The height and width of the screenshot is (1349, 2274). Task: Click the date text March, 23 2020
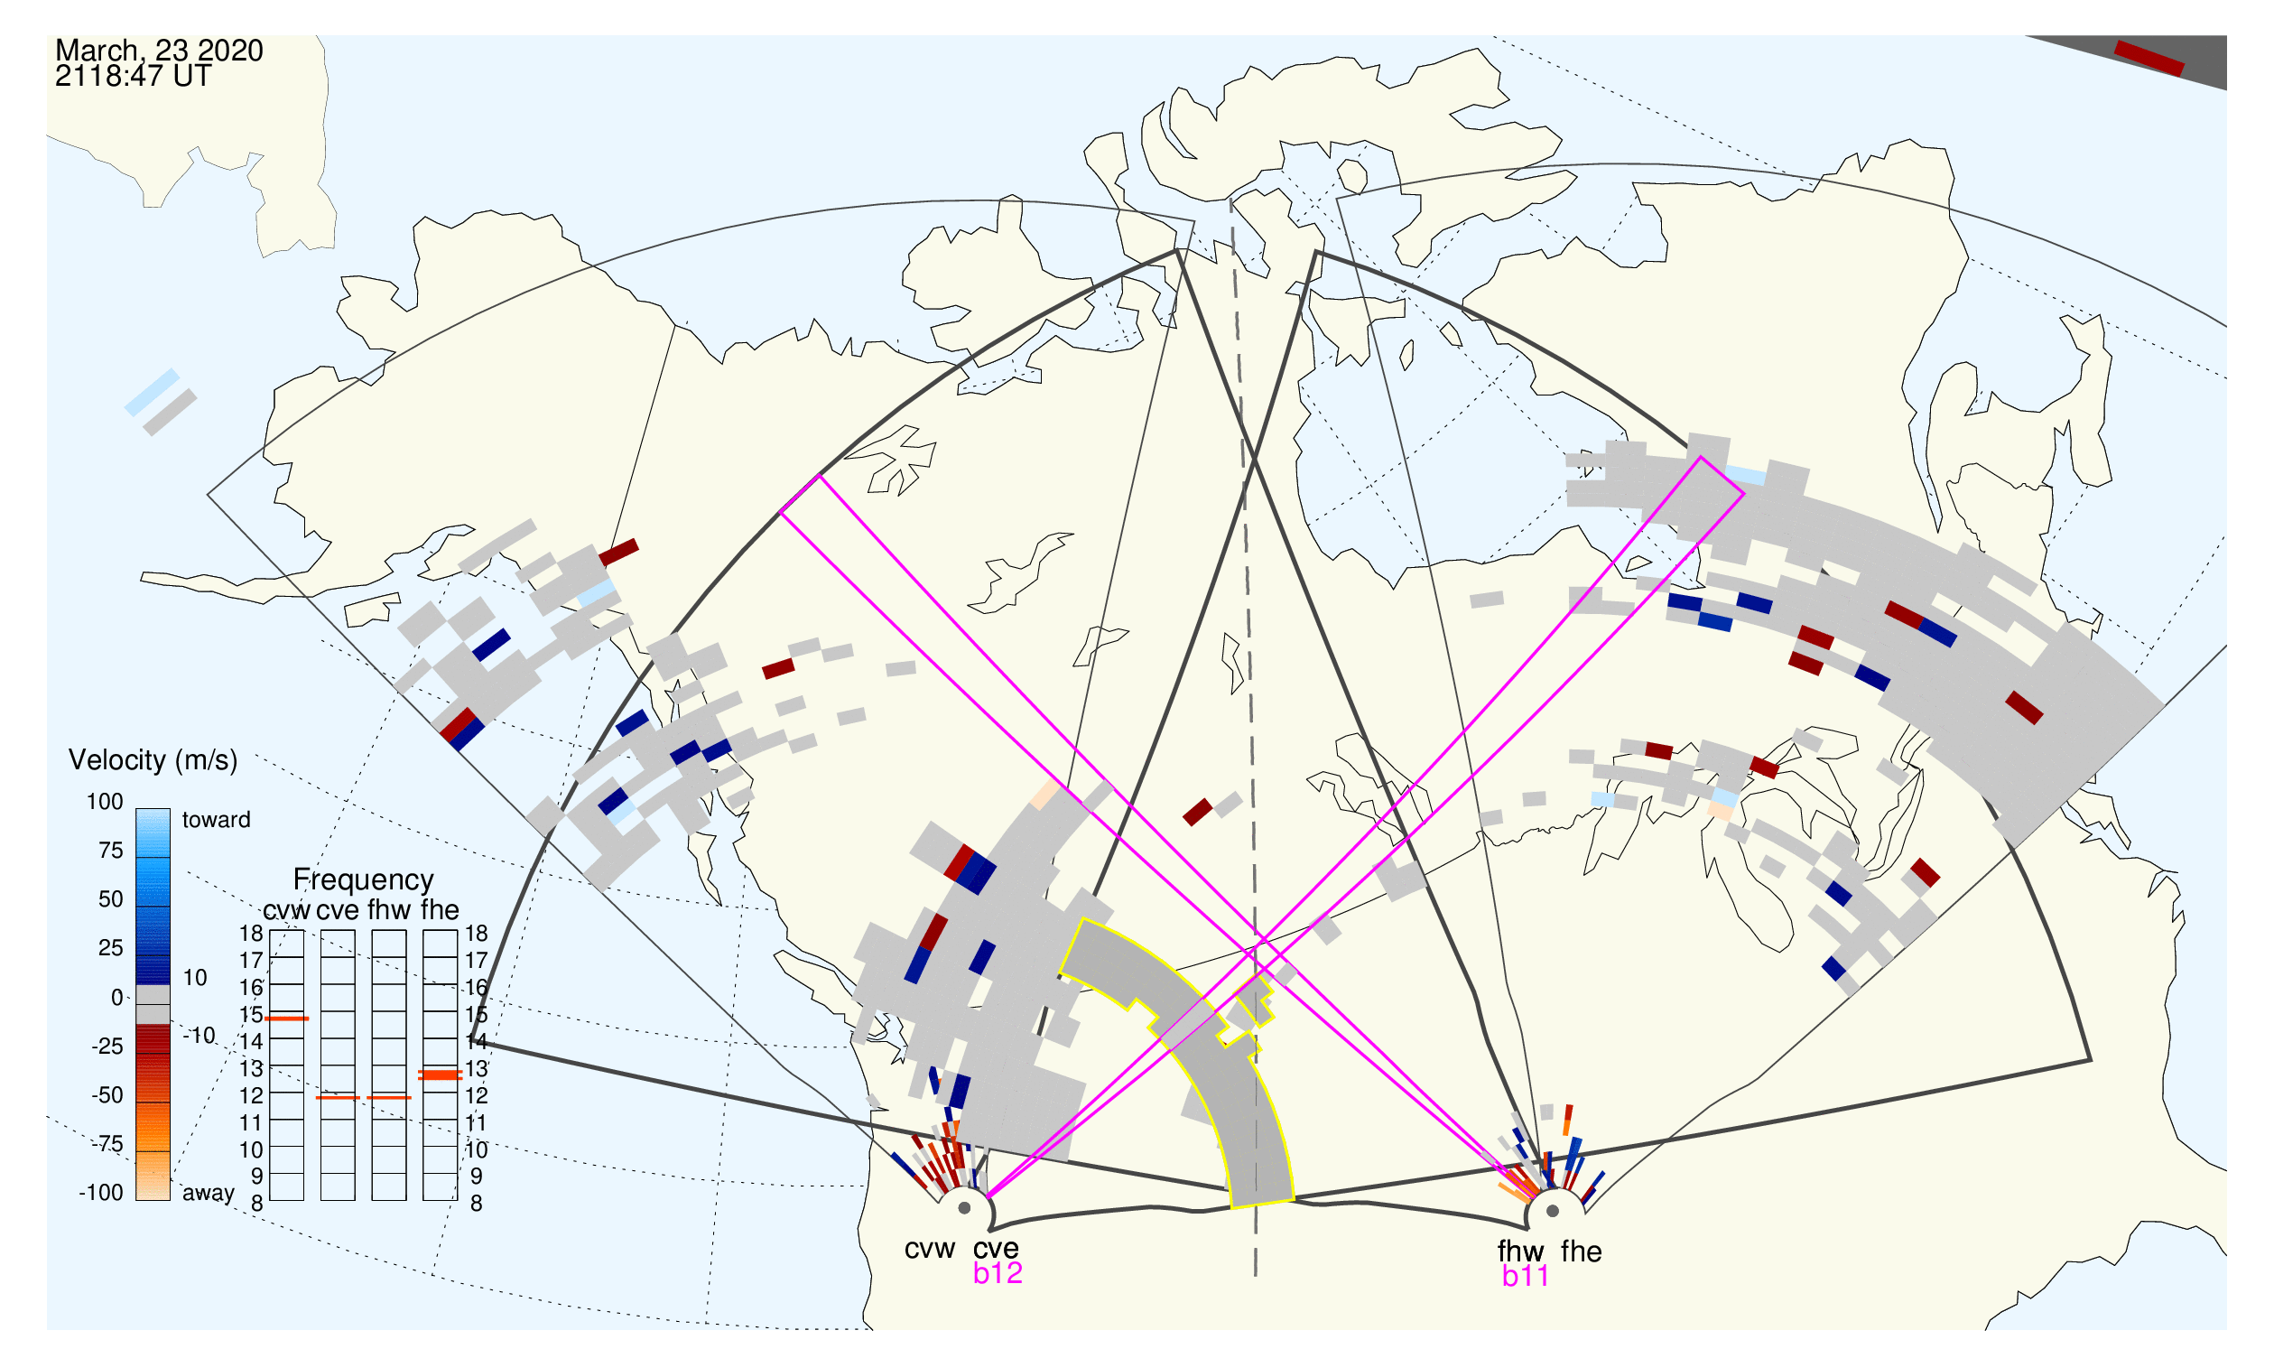159,51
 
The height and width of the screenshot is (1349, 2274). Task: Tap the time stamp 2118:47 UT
133,77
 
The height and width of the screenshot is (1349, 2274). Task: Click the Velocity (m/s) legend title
153,761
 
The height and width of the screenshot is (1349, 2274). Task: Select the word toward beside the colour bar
217,821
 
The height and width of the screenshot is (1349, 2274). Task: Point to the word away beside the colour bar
209,1194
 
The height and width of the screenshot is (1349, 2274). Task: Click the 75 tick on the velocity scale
111,851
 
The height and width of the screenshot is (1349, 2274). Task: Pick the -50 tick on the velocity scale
107,1095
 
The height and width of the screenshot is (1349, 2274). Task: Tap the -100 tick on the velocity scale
101,1194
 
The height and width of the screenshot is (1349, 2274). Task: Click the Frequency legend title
364,881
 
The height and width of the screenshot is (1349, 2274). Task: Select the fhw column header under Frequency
389,911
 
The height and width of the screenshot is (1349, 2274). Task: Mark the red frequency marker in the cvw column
287,1019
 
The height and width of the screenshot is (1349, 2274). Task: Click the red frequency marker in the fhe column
440,1075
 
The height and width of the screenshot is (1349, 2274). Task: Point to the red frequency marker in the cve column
339,1098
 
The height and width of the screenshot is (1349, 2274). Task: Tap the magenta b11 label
1526,1277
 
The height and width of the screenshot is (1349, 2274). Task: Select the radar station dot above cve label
964,1209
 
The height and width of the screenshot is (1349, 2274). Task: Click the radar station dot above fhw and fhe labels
1554,1211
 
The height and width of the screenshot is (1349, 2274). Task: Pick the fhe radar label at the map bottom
1582,1252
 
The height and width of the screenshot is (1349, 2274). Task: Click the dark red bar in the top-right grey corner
2149,59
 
